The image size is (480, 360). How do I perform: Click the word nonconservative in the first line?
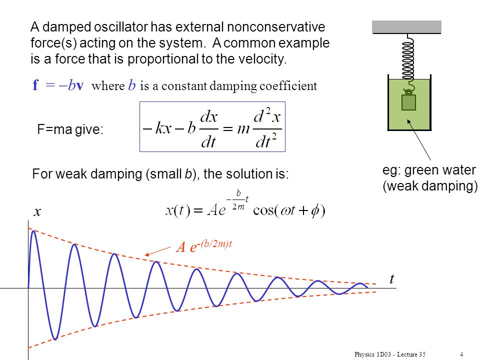pyautogui.click(x=276, y=27)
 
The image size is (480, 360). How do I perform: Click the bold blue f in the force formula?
pyautogui.click(x=36, y=85)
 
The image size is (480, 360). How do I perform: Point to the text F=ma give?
pyautogui.click(x=70, y=129)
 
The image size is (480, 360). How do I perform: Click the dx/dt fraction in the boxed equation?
pyautogui.click(x=209, y=129)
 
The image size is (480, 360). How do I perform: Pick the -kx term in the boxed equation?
pyautogui.click(x=157, y=127)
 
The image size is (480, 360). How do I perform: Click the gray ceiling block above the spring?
pyautogui.click(x=406, y=27)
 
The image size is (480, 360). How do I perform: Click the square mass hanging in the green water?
pyautogui.click(x=408, y=102)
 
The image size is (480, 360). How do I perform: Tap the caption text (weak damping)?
pyautogui.click(x=430, y=186)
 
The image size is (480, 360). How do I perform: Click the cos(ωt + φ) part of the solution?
pyautogui.click(x=289, y=210)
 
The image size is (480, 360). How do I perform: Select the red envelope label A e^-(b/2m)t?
pyautogui.click(x=204, y=246)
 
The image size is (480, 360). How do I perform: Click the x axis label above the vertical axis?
pyautogui.click(x=37, y=212)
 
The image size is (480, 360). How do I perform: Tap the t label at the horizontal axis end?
pyautogui.click(x=392, y=279)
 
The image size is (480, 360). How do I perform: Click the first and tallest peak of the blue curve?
pyautogui.click(x=33, y=231)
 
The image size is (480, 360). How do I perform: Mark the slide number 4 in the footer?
pyautogui.click(x=461, y=354)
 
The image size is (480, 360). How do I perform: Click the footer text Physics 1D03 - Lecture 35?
pyautogui.click(x=390, y=354)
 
